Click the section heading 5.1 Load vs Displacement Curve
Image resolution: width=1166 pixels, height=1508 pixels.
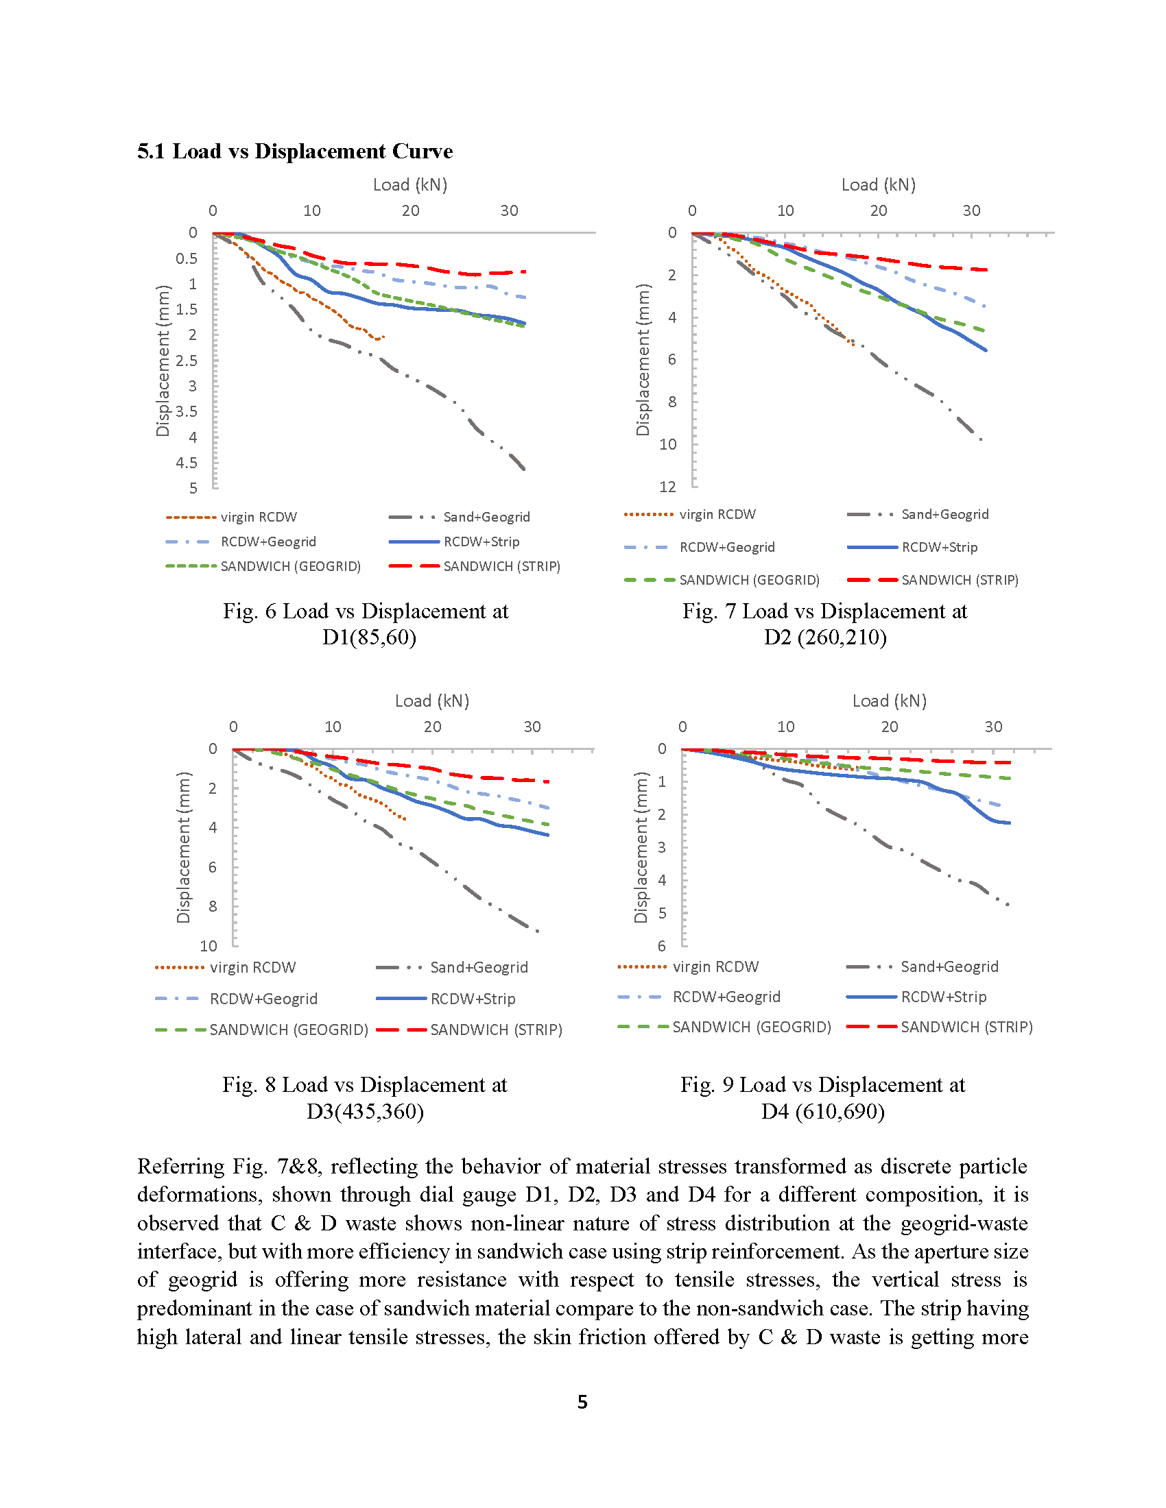295,151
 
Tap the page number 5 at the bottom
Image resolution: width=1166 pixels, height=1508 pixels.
582,1401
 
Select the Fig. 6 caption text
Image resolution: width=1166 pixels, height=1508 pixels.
366,624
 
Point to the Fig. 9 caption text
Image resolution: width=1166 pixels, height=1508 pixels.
822,1097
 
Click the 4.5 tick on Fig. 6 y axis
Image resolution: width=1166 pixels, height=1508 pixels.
186,463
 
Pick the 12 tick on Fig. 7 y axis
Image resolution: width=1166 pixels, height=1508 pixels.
667,487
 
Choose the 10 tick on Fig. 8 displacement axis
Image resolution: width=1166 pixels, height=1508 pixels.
208,945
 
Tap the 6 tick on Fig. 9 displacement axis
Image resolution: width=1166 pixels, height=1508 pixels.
662,945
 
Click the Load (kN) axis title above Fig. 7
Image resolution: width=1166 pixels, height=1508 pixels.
878,184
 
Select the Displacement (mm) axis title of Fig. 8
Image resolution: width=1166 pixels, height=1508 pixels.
183,847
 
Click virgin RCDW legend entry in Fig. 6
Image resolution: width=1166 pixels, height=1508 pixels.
231,517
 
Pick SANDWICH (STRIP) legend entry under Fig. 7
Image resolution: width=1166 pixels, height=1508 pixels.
933,580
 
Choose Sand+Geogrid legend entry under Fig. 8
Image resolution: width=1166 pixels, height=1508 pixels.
452,967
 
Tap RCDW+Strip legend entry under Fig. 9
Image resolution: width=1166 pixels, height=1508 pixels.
916,997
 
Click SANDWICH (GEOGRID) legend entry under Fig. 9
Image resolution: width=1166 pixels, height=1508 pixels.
724,1027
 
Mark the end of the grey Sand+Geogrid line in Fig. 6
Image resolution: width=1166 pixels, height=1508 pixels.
525,470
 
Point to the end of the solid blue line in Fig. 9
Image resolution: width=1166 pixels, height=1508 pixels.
1010,823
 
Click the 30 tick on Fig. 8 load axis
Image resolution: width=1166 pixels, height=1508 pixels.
532,727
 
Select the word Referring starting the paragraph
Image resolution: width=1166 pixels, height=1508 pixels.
181,1167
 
